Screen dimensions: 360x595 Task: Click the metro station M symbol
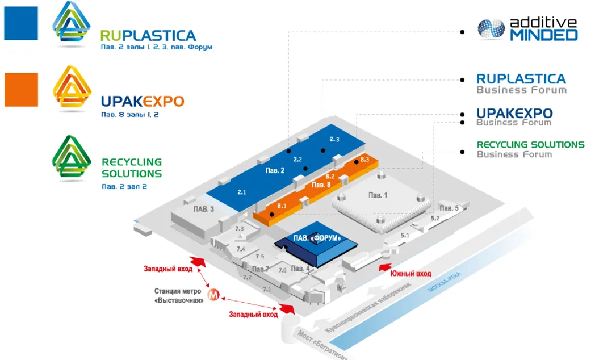tap(213, 295)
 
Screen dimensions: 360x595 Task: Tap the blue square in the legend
tap(21, 23)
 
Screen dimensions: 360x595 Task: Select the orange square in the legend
tap(21, 90)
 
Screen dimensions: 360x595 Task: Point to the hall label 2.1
tap(241, 192)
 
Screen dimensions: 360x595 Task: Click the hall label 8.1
tap(282, 205)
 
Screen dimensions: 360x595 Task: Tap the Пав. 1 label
tap(378, 195)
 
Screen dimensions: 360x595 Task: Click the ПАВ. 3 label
tap(204, 209)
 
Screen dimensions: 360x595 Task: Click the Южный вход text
tap(410, 274)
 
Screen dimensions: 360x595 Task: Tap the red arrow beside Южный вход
tap(385, 267)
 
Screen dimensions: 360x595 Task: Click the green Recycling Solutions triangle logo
tap(72, 158)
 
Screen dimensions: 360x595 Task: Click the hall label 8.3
tap(364, 160)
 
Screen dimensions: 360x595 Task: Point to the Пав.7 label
tap(260, 269)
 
